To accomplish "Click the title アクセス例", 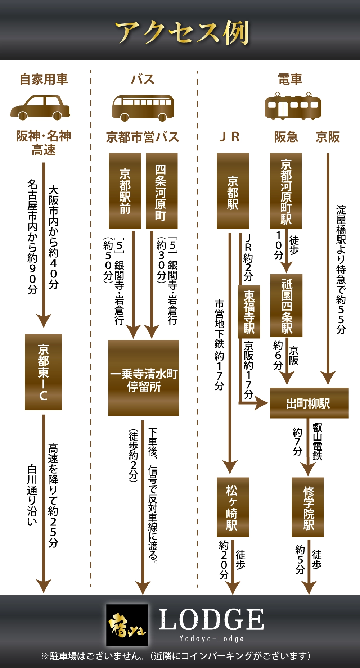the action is tap(182, 33).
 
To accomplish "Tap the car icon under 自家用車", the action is tap(40, 107).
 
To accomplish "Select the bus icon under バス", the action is tap(143, 108).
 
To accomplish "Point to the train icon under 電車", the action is tap(293, 106).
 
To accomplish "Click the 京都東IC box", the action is tap(43, 372).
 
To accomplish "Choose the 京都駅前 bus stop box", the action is tap(125, 191).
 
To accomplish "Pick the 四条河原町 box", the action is tap(162, 191).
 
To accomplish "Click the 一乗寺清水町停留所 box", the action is tap(144, 378).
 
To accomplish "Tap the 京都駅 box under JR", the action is tap(233, 191).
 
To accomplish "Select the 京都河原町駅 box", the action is tap(286, 191).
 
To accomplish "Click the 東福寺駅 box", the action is tap(249, 312).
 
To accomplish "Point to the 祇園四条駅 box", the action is tap(287, 306).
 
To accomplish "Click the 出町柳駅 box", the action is tap(309, 403).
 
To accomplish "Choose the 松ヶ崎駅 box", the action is tap(233, 507).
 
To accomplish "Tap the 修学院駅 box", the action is tap(308, 507).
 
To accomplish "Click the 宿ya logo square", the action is tap(127, 625).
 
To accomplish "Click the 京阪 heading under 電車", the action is tap(328, 137).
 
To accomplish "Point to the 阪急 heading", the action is tap(286, 137).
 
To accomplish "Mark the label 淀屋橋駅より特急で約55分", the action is tap(341, 270).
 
